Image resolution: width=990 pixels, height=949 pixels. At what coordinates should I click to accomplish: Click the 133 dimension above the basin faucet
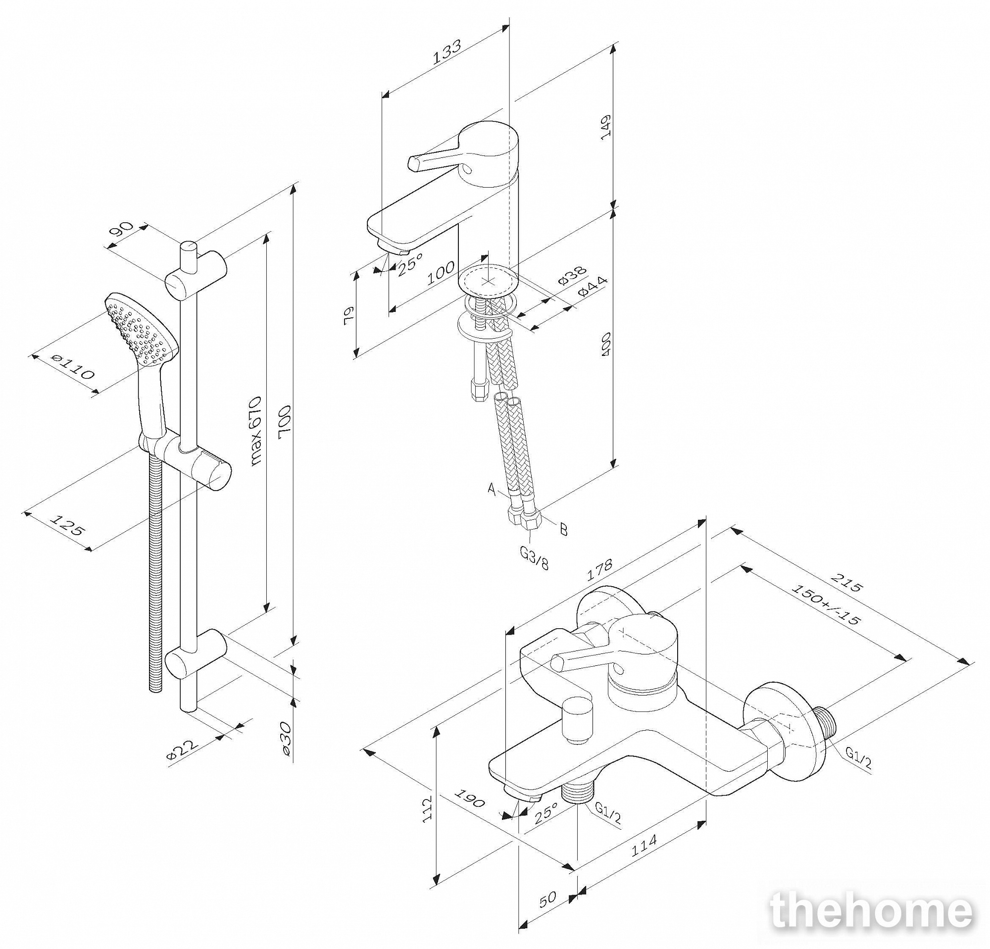[447, 52]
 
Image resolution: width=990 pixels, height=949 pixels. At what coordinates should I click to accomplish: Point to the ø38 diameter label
[572, 276]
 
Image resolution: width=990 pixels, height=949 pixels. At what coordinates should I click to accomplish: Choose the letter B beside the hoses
[564, 529]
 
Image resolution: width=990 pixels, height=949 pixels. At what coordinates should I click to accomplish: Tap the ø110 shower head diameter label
[73, 367]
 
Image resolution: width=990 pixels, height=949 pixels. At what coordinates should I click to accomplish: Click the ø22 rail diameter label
[182, 750]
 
